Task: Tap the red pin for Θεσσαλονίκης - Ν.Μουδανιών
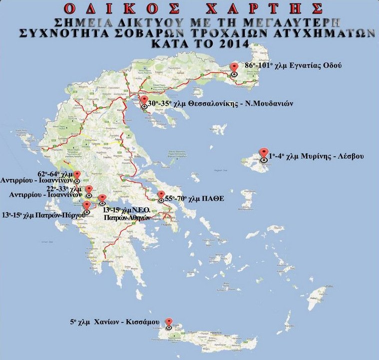tap(144, 101)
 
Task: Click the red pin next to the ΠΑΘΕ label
tap(161, 196)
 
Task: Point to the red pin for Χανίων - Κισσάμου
tap(169, 323)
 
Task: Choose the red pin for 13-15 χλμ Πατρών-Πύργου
tap(87, 206)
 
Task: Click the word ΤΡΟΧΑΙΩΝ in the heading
tap(223, 33)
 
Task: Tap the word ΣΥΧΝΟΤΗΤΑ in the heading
tap(68, 33)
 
